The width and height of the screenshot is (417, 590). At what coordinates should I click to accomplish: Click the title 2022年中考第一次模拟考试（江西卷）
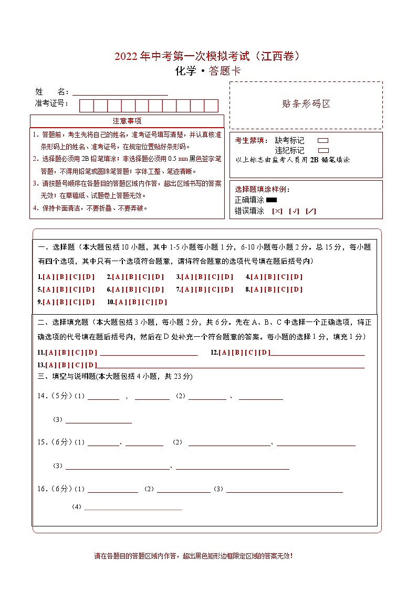tap(208, 57)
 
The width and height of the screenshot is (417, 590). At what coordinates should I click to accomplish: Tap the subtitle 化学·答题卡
tap(208, 71)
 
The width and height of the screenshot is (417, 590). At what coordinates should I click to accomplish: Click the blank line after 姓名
tap(120, 92)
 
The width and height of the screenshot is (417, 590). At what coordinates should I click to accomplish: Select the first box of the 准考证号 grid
tap(86, 106)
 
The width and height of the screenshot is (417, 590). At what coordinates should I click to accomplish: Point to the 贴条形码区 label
tap(306, 104)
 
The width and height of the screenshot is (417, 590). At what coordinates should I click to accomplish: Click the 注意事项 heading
tap(127, 121)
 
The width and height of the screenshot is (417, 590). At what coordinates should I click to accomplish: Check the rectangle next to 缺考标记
tap(323, 141)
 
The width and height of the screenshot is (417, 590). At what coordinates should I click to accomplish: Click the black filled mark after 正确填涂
tap(272, 200)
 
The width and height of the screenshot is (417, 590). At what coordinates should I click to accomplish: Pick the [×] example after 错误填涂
tap(277, 211)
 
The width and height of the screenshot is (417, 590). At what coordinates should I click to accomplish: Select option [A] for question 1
tap(48, 277)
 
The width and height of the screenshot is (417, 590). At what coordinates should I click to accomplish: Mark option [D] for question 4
tap(297, 277)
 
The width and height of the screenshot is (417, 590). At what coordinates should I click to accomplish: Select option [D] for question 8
tap(297, 289)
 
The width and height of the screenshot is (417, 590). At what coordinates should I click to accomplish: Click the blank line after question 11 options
tap(149, 354)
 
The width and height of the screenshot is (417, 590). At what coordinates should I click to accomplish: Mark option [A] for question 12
tap(224, 353)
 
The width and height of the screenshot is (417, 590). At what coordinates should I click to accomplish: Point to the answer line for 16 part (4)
tap(133, 508)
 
